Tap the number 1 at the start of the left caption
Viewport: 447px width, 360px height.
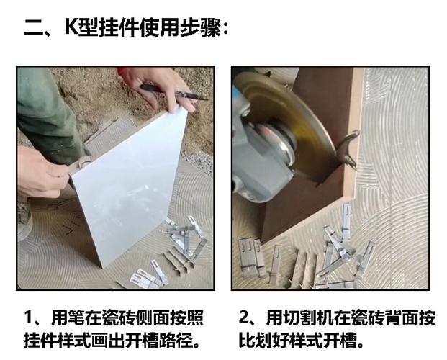pos(30,318)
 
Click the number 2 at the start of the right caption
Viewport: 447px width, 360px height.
pos(244,318)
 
